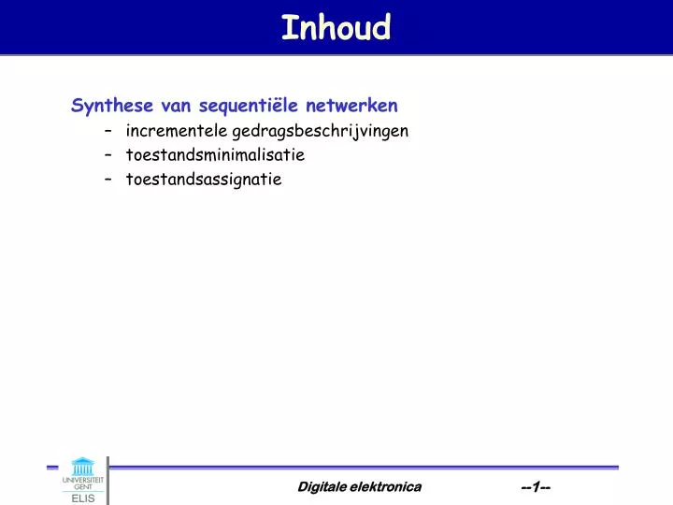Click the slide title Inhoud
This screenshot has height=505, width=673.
coord(336,27)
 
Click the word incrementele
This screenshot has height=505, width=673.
coord(177,131)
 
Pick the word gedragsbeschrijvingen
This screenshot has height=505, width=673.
coord(320,131)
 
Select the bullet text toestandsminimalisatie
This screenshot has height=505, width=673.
coord(215,155)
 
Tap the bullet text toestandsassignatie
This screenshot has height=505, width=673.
coord(203,180)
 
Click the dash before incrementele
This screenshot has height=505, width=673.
coord(110,131)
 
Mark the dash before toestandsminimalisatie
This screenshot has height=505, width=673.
coord(110,155)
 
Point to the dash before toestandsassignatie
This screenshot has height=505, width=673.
coord(110,180)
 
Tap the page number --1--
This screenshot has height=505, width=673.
coord(536,486)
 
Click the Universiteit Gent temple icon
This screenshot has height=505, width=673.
coord(82,466)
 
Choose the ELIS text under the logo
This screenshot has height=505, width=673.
coord(83,498)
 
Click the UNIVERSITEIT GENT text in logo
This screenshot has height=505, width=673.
coord(83,483)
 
